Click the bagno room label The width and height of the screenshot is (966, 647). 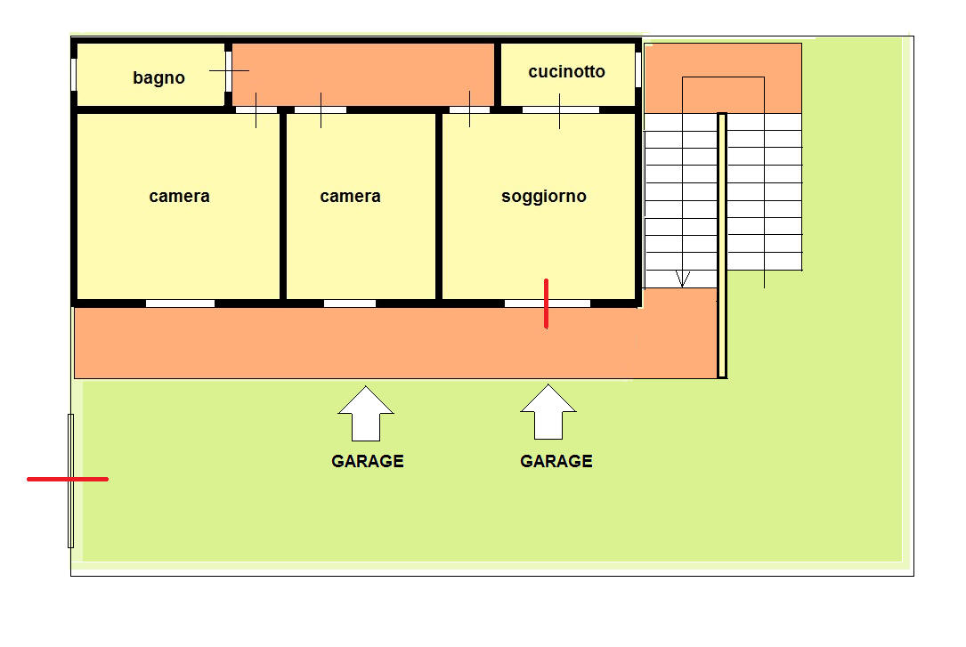point(159,77)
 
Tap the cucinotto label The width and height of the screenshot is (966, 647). point(567,71)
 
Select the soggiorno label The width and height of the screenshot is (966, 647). point(544,197)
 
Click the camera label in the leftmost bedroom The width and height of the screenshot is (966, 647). point(179,197)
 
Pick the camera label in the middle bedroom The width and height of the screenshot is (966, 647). point(351,197)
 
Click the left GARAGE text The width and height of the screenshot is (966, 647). point(368,461)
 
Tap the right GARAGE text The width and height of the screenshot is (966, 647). point(556,461)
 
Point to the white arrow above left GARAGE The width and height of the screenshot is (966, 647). point(366,414)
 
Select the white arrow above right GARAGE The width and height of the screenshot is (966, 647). point(548,412)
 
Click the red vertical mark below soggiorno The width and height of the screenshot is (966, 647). point(547,303)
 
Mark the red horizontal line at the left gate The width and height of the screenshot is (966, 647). point(68,479)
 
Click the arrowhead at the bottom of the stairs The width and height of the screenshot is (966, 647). point(682,279)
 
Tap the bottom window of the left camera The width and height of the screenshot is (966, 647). point(181,303)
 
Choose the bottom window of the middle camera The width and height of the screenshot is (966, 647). point(350,303)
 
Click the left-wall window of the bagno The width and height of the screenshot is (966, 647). point(74,75)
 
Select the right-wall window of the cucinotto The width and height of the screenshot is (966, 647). point(638,69)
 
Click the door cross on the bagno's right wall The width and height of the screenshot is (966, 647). point(229,71)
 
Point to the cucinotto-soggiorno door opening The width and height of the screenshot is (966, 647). point(561,110)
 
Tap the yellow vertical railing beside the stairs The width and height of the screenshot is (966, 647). point(722,246)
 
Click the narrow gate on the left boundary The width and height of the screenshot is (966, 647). point(71,481)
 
